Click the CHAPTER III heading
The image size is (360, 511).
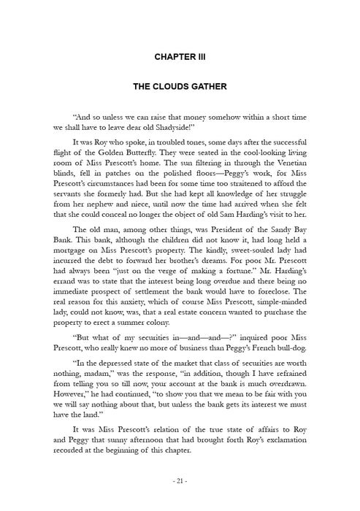[180, 55]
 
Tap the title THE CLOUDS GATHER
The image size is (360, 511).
[180, 86]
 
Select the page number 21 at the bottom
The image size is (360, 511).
[180, 481]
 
